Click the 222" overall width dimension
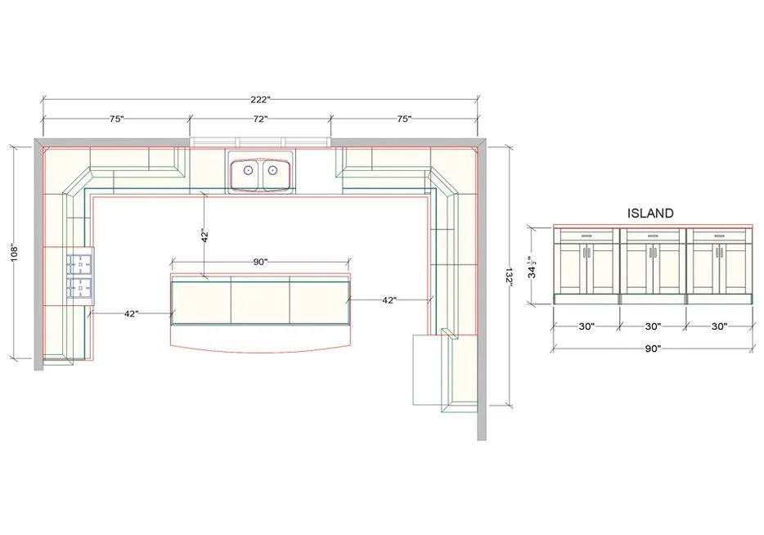click(x=260, y=100)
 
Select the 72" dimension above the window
click(x=260, y=119)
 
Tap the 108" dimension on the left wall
click(x=14, y=253)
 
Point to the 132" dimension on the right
click(x=508, y=276)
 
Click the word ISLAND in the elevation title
click(x=650, y=213)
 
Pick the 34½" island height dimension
click(x=533, y=267)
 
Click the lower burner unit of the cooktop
click(x=80, y=287)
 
